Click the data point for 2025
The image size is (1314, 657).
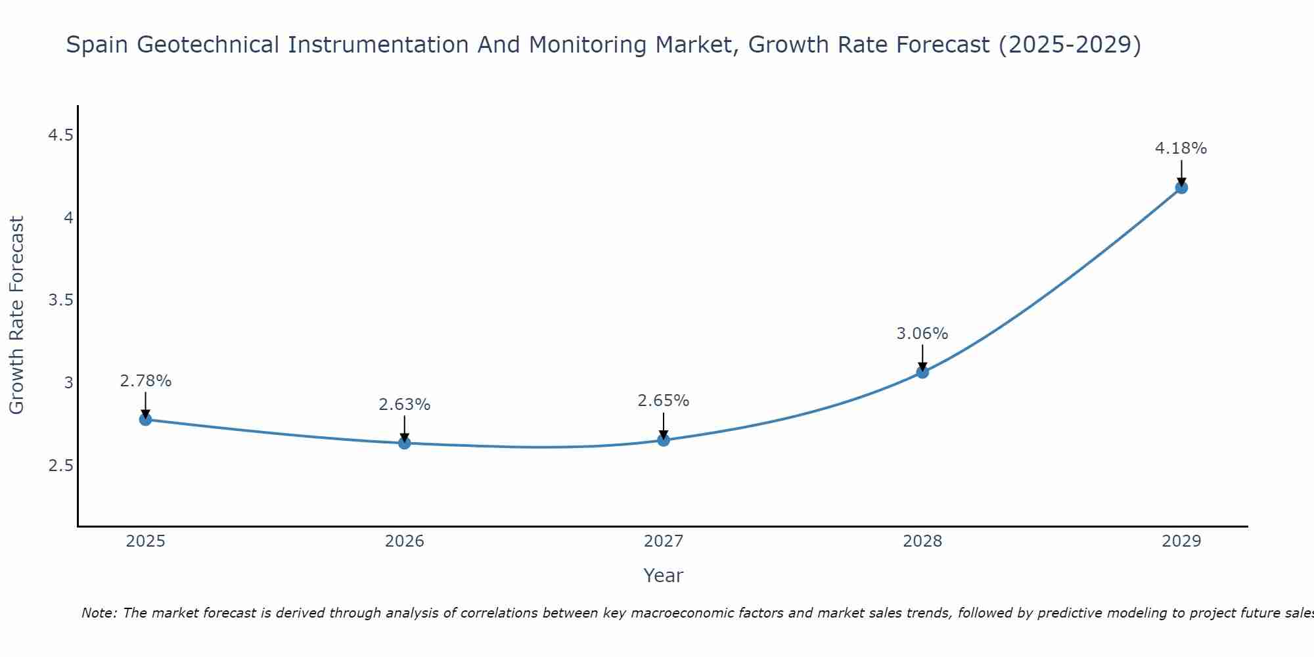[146, 419]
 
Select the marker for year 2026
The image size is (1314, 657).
[405, 443]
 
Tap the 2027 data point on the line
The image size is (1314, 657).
[664, 440]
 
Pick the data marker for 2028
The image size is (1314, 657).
[922, 373]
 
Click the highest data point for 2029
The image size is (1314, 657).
[1181, 188]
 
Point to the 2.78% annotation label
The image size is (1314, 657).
[146, 381]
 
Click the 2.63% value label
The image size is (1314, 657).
[405, 405]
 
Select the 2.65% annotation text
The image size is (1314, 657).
[664, 401]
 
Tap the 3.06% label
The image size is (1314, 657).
[922, 334]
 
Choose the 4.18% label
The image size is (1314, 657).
[1181, 148]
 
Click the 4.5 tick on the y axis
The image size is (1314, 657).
[60, 135]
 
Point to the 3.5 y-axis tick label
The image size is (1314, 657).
[60, 300]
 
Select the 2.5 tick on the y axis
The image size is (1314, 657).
[60, 466]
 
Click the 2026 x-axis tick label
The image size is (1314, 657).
[405, 541]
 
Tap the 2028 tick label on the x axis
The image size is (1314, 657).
[922, 541]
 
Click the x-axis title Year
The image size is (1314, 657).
[664, 576]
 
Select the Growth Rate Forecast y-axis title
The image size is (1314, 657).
[17, 315]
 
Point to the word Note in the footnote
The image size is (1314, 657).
[98, 613]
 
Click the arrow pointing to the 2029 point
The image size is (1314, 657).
[1181, 172]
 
